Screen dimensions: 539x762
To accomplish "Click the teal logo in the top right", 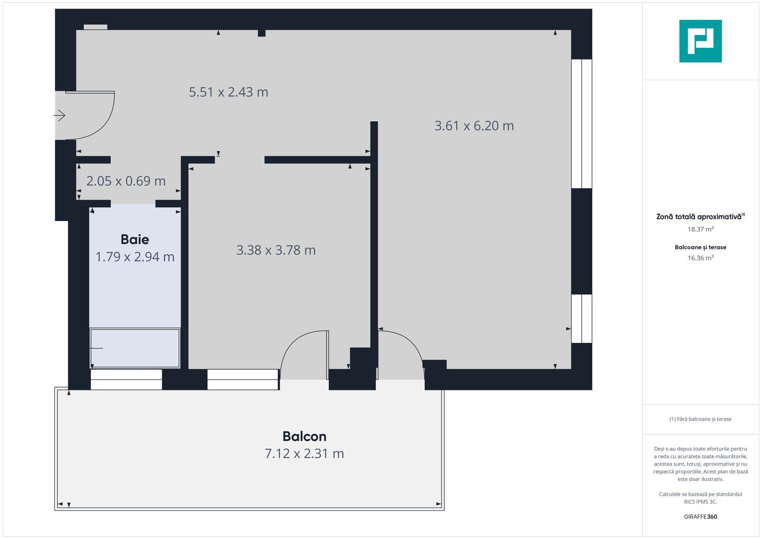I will tap(700, 41).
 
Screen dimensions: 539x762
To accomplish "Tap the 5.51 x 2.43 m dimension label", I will tap(229, 92).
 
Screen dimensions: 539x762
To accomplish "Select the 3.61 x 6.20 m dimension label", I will tap(474, 126).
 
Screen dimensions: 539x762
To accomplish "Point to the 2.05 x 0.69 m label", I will tap(126, 181).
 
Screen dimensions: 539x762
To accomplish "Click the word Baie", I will tap(135, 240).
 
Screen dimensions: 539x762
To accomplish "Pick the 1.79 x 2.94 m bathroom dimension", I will tap(135, 257).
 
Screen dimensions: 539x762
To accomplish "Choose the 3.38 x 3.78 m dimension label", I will tap(276, 250).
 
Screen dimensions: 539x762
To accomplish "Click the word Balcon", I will tap(304, 436).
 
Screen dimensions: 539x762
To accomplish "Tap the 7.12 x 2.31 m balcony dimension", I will tap(304, 454).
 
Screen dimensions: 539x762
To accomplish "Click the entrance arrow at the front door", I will tap(59, 116).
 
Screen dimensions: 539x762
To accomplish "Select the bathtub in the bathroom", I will tap(135, 348).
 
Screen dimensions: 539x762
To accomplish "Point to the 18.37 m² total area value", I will tap(700, 230).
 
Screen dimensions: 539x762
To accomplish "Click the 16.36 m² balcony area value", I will tap(700, 258).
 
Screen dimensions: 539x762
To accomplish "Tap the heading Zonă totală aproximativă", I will tap(699, 217).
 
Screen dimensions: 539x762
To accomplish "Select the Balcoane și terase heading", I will tap(700, 247).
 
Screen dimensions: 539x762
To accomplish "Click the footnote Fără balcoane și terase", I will tap(700, 419).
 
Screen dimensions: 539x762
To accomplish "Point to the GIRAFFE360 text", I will tap(700, 517).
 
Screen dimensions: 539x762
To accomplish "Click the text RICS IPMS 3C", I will tap(700, 502).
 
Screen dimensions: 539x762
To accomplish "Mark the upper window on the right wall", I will tap(581, 124).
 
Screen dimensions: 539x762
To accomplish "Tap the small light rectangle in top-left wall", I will tap(95, 27).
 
